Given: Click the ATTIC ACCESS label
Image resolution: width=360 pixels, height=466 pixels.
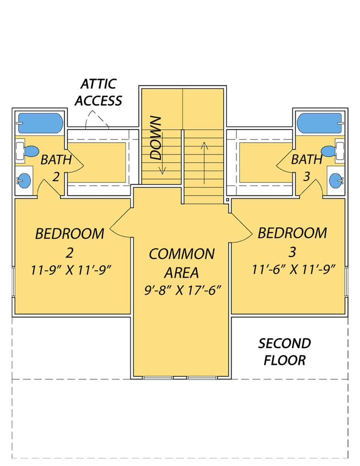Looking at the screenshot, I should pyautogui.click(x=98, y=92).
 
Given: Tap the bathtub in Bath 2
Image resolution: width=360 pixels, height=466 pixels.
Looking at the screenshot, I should pyautogui.click(x=40, y=123).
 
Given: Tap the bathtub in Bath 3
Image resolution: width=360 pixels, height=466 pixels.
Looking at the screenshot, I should pyautogui.click(x=320, y=123).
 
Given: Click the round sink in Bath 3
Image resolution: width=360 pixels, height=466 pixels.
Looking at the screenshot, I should pyautogui.click(x=336, y=180).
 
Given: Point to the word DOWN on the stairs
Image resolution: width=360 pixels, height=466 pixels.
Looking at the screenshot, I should pyautogui.click(x=156, y=138).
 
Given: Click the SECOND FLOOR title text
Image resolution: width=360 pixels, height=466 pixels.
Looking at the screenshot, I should pyautogui.click(x=285, y=352).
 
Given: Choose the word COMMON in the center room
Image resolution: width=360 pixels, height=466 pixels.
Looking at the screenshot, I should pyautogui.click(x=181, y=254).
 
